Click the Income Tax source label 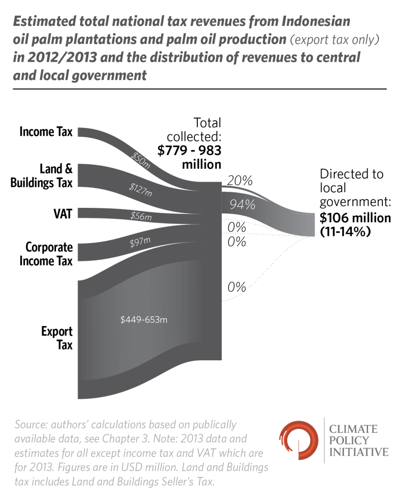(x=46, y=132)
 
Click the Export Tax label (x=56, y=338)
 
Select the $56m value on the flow (x=141, y=215)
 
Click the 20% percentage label (x=240, y=180)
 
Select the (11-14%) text (x=345, y=232)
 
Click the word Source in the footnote (x=31, y=424)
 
